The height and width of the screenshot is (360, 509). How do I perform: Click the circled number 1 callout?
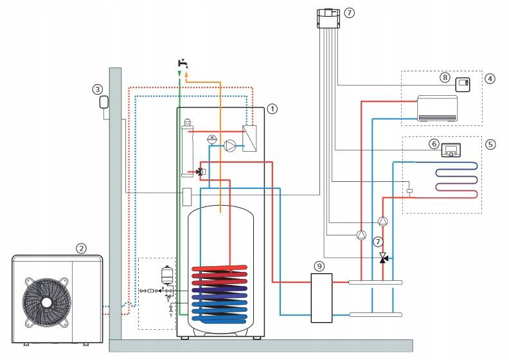click(272, 109)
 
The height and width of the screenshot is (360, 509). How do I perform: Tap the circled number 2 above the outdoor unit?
click(81, 249)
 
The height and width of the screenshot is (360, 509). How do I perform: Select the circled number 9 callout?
click(319, 267)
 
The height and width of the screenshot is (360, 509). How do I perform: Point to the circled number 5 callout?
click(490, 144)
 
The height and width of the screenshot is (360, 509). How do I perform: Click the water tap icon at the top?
click(183, 63)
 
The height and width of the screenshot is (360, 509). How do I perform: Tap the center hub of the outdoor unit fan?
click(46, 302)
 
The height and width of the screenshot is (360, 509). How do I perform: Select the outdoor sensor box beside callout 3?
click(104, 102)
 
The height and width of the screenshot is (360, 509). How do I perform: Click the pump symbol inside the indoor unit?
click(230, 146)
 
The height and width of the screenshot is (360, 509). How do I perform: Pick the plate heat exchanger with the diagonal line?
click(249, 138)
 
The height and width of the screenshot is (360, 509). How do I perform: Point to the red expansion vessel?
click(166, 275)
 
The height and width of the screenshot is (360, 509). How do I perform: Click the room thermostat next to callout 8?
click(463, 84)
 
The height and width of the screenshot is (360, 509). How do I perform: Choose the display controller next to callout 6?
click(451, 150)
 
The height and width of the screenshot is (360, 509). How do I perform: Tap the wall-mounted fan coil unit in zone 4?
click(437, 109)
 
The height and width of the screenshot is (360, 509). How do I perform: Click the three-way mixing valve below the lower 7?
click(384, 258)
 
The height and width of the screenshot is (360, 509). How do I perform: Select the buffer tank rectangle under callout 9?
click(321, 298)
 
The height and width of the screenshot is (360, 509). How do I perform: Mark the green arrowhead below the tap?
click(179, 74)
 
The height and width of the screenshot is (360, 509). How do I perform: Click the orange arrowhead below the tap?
click(186, 75)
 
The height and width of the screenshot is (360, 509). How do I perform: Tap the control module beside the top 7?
click(328, 19)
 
